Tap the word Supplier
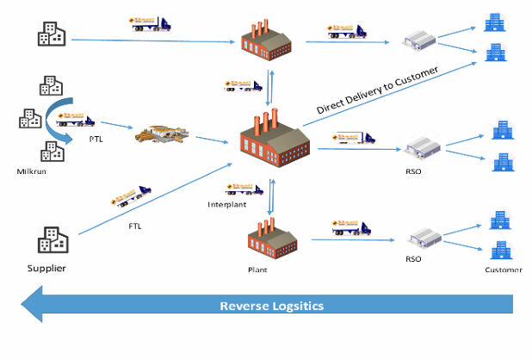[x=46, y=269]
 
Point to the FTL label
[x=135, y=227]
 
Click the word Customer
[x=503, y=270]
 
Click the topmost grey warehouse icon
[x=422, y=37]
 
